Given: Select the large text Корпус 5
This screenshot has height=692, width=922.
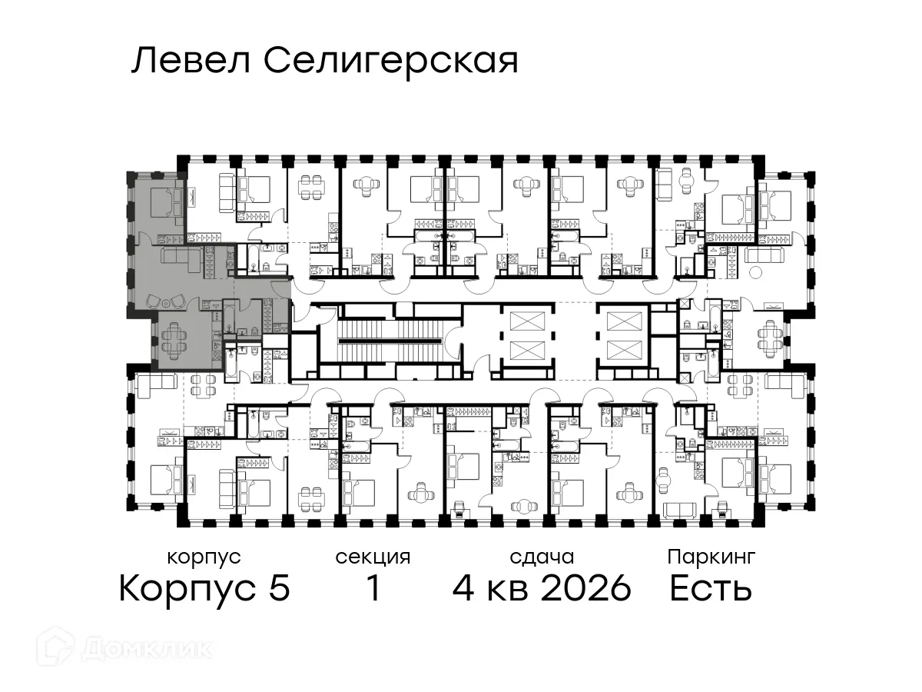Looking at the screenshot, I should click(x=204, y=589).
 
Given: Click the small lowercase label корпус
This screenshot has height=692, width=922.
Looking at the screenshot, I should click(x=204, y=557).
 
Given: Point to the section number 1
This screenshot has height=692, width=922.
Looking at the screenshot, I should click(x=373, y=589).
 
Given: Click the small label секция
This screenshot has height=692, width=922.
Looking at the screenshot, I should click(x=373, y=557).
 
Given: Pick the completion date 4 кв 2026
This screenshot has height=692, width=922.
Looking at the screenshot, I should click(x=542, y=589).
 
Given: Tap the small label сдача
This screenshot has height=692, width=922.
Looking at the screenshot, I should click(x=542, y=557).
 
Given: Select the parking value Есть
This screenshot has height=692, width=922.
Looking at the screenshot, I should click(x=710, y=589).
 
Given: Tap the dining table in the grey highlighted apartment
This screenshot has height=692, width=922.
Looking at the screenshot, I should click(x=176, y=338).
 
